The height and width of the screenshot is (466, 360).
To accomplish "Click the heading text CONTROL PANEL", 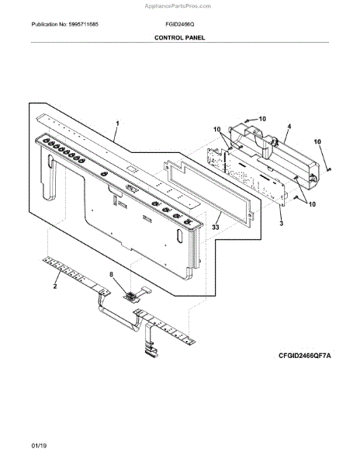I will pyautogui.click(x=179, y=37).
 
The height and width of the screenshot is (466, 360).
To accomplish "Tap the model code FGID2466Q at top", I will pyautogui.click(x=179, y=25).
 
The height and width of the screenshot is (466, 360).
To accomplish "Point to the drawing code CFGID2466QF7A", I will pyautogui.click(x=305, y=354).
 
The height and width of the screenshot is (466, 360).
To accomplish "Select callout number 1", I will pyautogui.click(x=118, y=123).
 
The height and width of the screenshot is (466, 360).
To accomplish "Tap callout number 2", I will pyautogui.click(x=55, y=287).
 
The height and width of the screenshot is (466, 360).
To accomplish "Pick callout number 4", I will pyautogui.click(x=289, y=126).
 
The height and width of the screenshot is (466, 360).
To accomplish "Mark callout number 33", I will pyautogui.click(x=218, y=228).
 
